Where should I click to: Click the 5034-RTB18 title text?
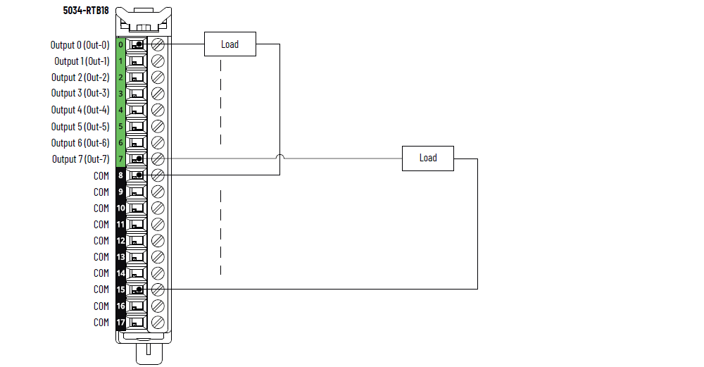85,11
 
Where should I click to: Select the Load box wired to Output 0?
230,44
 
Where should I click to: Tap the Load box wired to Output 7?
428,158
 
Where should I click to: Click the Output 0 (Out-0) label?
80,44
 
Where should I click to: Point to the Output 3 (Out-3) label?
80,93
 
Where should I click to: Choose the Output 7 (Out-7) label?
80,158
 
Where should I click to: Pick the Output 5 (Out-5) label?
80,127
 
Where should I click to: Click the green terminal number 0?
121,44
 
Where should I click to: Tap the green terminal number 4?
121,110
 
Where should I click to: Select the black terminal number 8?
121,175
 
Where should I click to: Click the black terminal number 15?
121,290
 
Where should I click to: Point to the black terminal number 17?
121,322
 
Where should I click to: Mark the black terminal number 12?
121,240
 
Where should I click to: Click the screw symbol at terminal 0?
158,44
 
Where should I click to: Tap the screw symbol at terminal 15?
158,290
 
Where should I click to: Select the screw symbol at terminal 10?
158,208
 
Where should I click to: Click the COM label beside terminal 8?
101,175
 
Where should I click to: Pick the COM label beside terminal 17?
101,322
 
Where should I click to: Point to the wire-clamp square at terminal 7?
137,158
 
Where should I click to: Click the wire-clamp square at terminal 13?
137,256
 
